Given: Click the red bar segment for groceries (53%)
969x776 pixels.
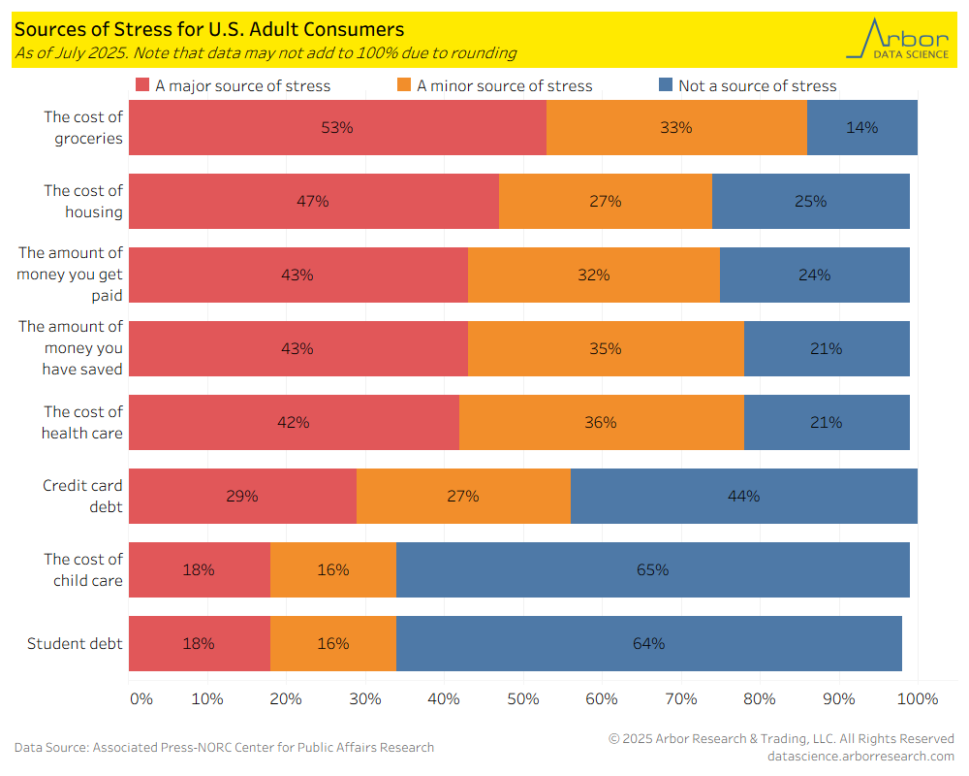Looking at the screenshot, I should [x=337, y=127].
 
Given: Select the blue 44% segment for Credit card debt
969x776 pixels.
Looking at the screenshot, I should [x=743, y=496].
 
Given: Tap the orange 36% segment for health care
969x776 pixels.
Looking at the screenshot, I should [x=601, y=422].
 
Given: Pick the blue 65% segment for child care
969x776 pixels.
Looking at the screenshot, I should [x=652, y=569].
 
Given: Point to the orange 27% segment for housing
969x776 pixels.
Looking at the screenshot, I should [x=605, y=201].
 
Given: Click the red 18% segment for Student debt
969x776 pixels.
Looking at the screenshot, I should [x=199, y=643].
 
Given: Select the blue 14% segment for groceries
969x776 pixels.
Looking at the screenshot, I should [x=861, y=127].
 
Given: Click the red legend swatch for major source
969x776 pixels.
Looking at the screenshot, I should [x=142, y=85].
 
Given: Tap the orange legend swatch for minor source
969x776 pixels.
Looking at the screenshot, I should [x=404, y=85].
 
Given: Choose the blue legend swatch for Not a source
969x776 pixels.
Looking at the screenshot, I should [x=666, y=85].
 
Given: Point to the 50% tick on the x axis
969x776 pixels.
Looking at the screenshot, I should [x=523, y=698].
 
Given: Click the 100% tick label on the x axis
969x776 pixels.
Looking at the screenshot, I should [x=919, y=698].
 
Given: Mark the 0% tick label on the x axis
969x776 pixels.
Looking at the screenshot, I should [x=141, y=698].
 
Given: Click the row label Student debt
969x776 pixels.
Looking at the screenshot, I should [x=75, y=643].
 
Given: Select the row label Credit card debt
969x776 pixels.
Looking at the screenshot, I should [x=82, y=496].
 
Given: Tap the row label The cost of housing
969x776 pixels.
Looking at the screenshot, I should [x=83, y=201].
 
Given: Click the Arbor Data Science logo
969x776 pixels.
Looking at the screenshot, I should [x=897, y=39].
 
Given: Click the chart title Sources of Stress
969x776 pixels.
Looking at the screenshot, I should [x=209, y=30].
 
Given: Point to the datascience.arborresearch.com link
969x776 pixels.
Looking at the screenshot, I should [x=860, y=756].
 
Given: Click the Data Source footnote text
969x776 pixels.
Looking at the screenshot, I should [x=224, y=747].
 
